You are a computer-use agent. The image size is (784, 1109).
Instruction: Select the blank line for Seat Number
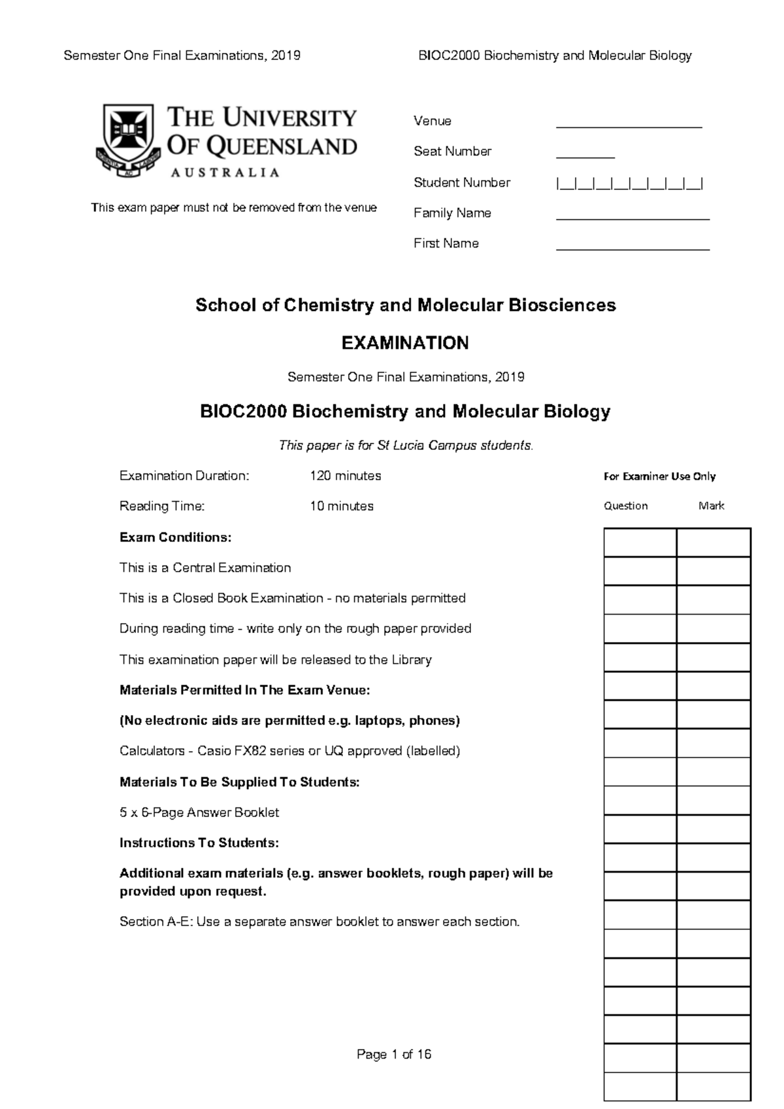click(x=585, y=155)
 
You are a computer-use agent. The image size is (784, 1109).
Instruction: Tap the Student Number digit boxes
click(x=629, y=184)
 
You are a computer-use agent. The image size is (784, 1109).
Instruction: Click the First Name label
click(x=446, y=244)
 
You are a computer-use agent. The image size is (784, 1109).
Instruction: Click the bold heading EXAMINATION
click(x=405, y=343)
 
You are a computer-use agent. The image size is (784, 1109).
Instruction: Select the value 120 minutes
click(x=345, y=475)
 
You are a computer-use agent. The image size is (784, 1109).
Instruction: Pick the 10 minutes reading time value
click(x=341, y=506)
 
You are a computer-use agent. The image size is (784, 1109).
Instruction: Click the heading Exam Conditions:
click(x=175, y=538)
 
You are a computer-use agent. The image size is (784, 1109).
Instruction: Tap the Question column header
click(x=625, y=506)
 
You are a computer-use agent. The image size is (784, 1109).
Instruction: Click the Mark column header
click(x=711, y=506)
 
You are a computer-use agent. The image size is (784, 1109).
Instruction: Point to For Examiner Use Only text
click(x=659, y=477)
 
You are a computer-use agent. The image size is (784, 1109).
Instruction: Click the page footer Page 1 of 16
click(x=393, y=1054)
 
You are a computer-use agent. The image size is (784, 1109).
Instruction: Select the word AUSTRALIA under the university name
click(x=225, y=172)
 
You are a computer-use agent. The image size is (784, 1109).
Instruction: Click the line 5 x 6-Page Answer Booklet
click(x=199, y=812)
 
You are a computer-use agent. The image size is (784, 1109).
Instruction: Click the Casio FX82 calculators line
click(x=289, y=751)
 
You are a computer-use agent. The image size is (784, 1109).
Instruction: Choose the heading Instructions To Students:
click(x=199, y=843)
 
